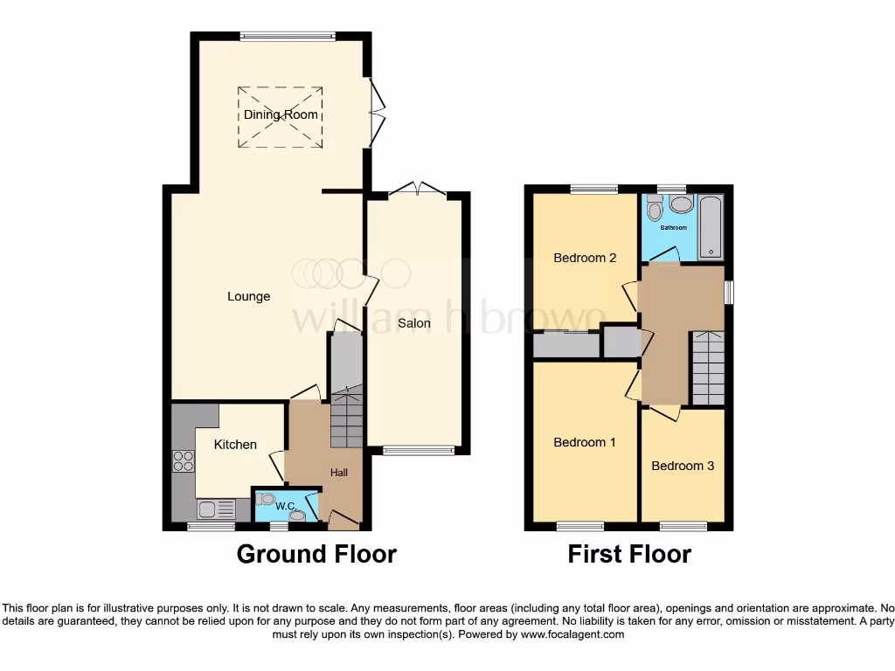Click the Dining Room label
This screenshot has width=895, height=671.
pyautogui.click(x=281, y=114)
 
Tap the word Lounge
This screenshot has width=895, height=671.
pyautogui.click(x=249, y=296)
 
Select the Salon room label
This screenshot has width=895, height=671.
pyautogui.click(x=414, y=322)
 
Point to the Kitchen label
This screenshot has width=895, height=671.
pyautogui.click(x=236, y=444)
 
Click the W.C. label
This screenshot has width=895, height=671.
pyautogui.click(x=284, y=506)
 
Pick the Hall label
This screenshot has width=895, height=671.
pyautogui.click(x=339, y=473)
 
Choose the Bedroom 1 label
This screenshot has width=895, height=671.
pyautogui.click(x=585, y=442)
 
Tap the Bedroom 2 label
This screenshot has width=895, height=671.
pyautogui.click(x=585, y=258)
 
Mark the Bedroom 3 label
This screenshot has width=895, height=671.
pyautogui.click(x=683, y=466)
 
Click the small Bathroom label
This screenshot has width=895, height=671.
pyautogui.click(x=673, y=228)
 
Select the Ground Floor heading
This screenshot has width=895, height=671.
pyautogui.click(x=316, y=554)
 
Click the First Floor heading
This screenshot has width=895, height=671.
pyautogui.click(x=629, y=554)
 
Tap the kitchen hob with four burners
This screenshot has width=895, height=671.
pyautogui.click(x=184, y=460)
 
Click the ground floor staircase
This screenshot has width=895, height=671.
pyautogui.click(x=346, y=418)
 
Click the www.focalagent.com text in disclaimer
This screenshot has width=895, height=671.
pyautogui.click(x=572, y=634)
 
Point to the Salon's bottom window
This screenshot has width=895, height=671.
pyautogui.click(x=419, y=451)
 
